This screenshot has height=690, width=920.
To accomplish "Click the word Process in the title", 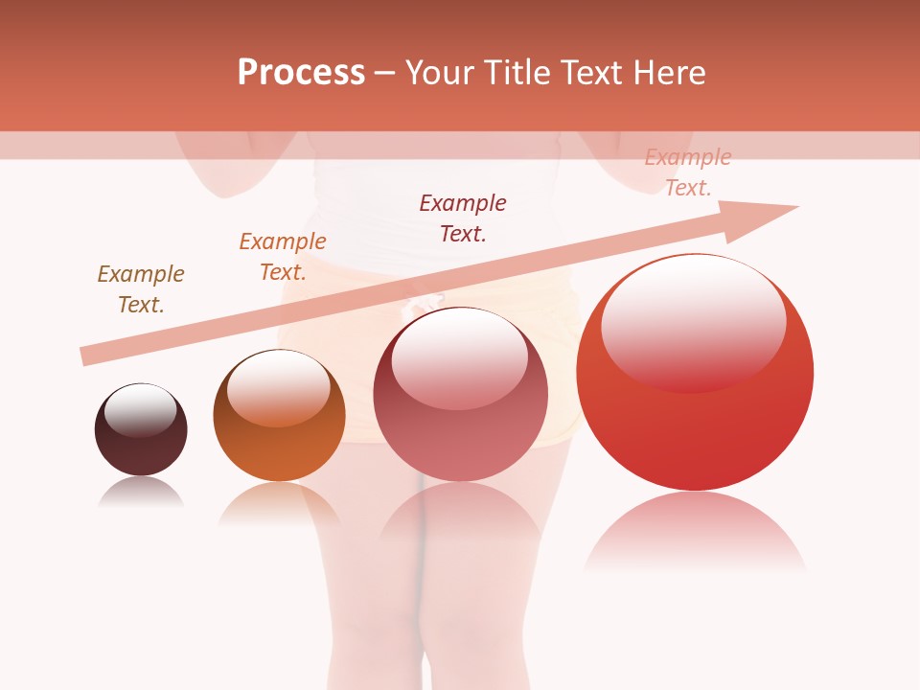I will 301,73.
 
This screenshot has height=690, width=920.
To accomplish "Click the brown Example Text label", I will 141,289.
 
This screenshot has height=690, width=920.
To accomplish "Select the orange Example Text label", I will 283,257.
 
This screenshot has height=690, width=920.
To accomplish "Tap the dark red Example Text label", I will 463,218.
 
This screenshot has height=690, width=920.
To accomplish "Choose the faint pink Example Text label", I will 687,172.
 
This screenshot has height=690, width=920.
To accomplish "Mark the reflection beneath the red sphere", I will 695,532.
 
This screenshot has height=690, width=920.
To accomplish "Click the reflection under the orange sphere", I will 279,503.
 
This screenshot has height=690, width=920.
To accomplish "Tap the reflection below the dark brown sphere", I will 141,491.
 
